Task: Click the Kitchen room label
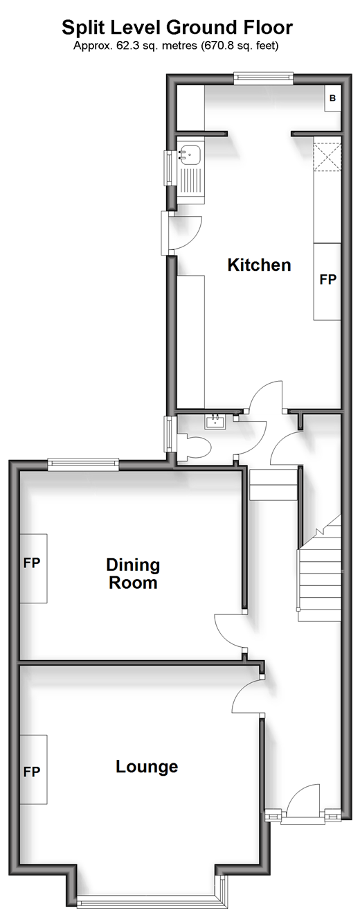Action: [x=259, y=265]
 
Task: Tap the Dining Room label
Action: [x=133, y=574]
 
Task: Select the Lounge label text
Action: [x=147, y=766]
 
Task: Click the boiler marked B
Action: [x=332, y=98]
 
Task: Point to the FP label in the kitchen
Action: [x=327, y=279]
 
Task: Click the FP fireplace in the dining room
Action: [x=33, y=568]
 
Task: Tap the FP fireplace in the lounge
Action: [x=33, y=770]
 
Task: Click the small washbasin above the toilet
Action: [x=215, y=421]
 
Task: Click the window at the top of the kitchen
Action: [x=263, y=78]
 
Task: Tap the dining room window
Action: [x=83, y=465]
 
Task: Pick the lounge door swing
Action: [x=247, y=695]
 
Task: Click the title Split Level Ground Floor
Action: [x=177, y=28]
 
